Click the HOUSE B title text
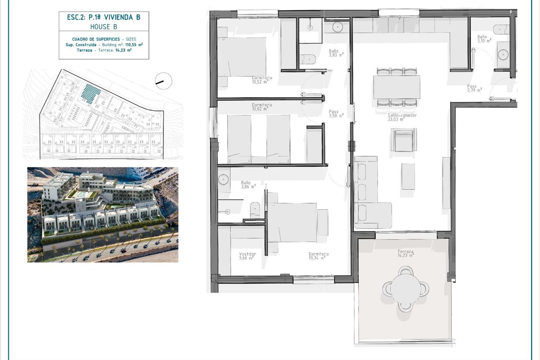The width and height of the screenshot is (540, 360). [103, 27]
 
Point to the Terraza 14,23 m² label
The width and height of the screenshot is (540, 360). [405, 253]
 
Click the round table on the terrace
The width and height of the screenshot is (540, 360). [405, 288]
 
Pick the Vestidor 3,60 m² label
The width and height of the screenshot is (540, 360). [247, 256]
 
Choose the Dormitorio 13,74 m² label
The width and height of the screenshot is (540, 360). [319, 256]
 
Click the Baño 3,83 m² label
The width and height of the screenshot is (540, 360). [336, 53]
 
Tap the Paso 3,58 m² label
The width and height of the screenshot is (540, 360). [336, 113]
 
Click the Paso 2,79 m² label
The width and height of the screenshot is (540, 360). [474, 88]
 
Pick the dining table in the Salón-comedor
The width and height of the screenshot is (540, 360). [396, 87]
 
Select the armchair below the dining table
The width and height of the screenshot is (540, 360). [401, 140]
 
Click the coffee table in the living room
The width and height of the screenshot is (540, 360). [408, 176]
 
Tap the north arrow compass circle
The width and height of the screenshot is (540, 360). [163, 81]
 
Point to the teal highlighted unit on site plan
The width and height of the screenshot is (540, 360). [90, 94]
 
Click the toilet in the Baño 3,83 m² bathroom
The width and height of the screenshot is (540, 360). [309, 59]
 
